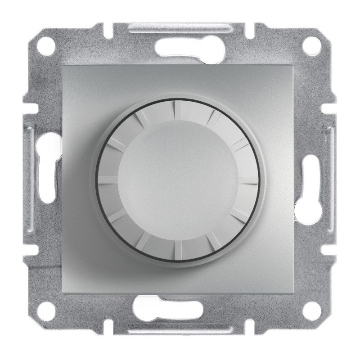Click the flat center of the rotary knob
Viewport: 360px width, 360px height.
pos(178,179)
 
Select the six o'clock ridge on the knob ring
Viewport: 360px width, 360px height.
pos(178,248)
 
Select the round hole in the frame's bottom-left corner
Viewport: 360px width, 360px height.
pos(47,310)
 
